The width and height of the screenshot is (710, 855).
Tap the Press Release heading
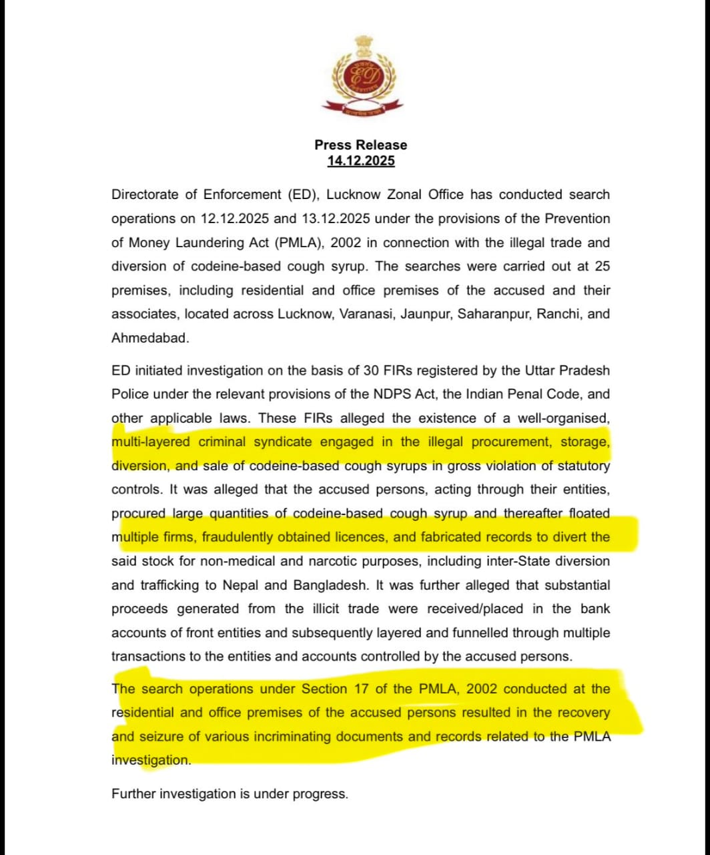point(360,145)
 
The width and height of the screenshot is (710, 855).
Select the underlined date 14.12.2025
point(360,161)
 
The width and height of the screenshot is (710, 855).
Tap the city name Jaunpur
point(425,314)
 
